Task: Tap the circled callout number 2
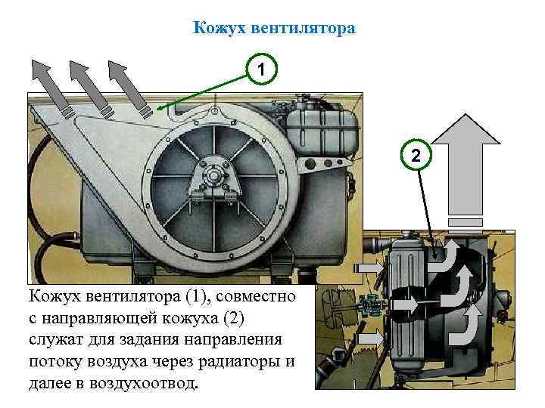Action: pyautogui.click(x=414, y=155)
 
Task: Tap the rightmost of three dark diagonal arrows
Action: pyautogui.click(x=127, y=85)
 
